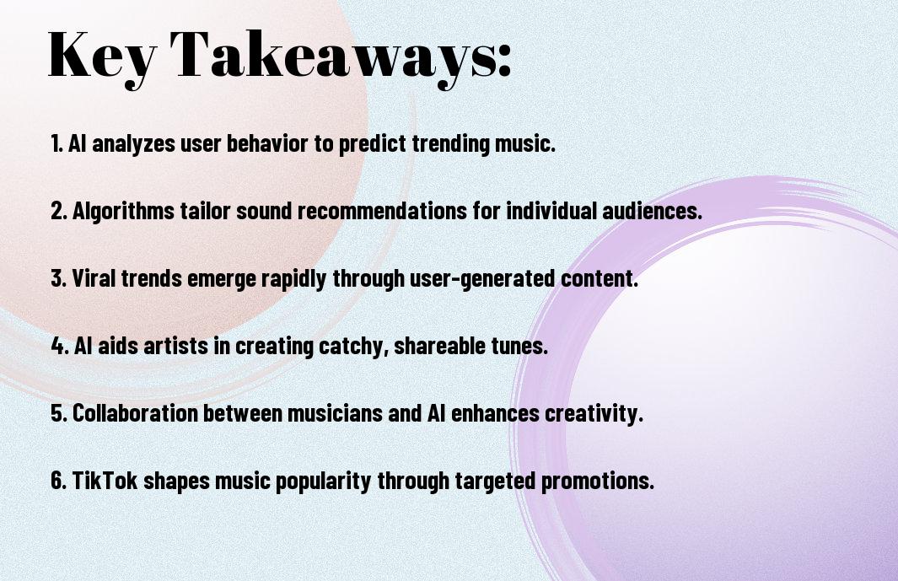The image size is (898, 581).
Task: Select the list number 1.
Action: (x=56, y=143)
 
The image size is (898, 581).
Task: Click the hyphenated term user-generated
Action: (x=482, y=279)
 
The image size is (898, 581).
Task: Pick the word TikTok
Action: (x=105, y=480)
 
